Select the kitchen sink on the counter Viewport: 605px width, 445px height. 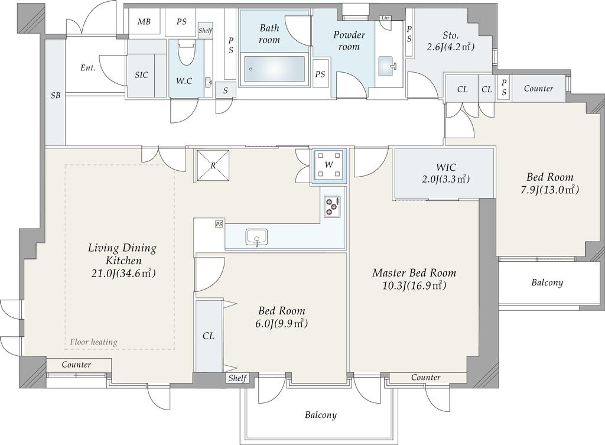tap(256, 237)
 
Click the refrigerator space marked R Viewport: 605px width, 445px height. tap(213, 165)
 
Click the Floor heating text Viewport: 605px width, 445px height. tap(94, 342)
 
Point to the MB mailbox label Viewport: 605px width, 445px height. tap(144, 22)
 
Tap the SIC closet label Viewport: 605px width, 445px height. tap(142, 75)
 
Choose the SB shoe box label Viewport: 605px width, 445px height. tap(56, 95)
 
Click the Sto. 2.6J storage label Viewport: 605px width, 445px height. tap(451, 41)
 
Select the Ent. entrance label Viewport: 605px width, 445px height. tap(88, 68)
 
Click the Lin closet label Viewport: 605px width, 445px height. tap(385, 18)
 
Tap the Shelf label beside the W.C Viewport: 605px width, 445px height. tap(205, 31)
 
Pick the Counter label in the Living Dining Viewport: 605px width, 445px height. tap(76, 365)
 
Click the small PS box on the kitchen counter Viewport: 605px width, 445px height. tap(219, 224)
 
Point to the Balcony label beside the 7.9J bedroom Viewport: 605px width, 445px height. tap(547, 282)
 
